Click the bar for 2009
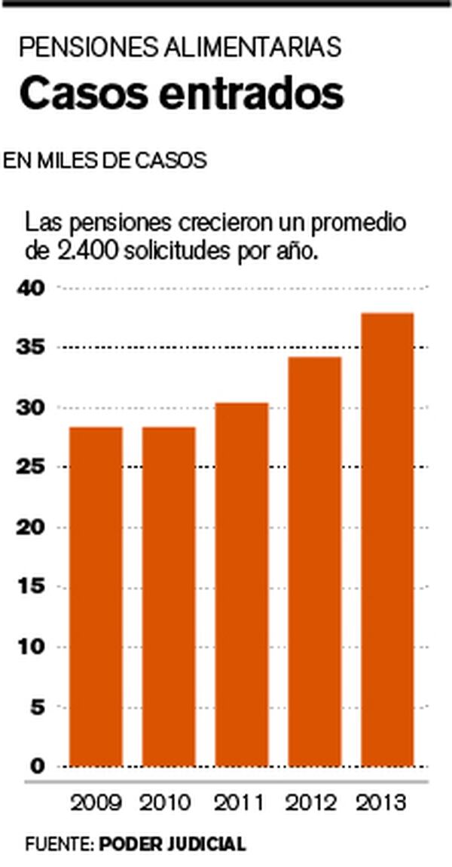coord(96,597)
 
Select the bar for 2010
coord(169,597)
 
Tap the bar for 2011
coord(242,585)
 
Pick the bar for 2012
coord(315,561)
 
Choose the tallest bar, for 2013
coord(387,540)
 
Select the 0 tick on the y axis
coord(38,766)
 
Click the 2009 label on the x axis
coord(96,803)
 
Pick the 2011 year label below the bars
coord(242,803)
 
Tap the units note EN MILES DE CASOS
coord(105,160)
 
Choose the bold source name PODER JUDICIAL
coord(173,844)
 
